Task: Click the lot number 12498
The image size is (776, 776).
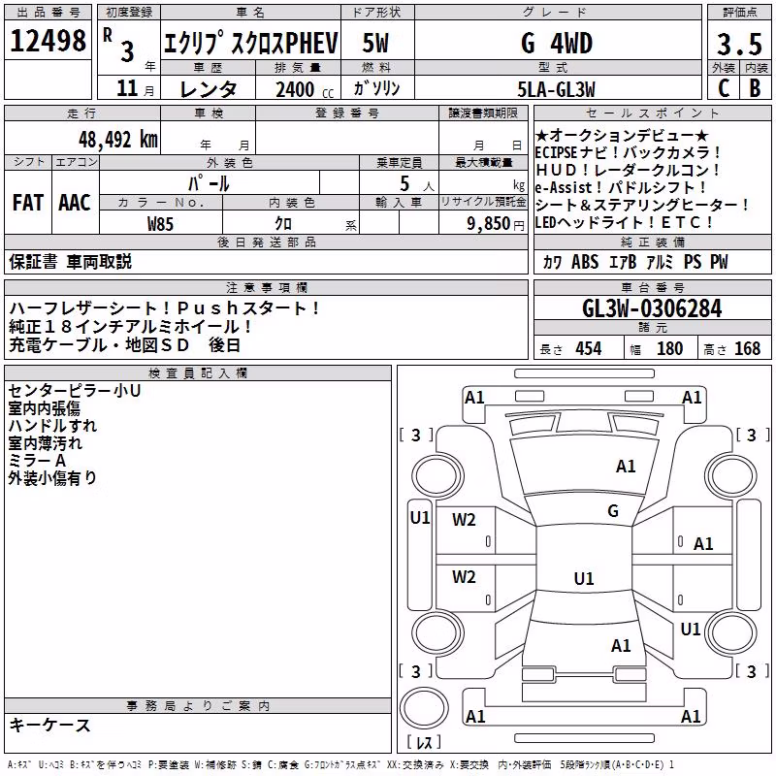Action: (x=48, y=40)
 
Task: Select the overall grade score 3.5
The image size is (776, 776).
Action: (x=739, y=44)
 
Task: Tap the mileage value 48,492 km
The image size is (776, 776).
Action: (x=117, y=140)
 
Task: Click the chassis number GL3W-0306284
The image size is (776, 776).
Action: (x=652, y=308)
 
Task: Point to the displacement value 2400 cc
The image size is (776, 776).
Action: (x=305, y=89)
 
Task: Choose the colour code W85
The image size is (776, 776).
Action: (x=160, y=224)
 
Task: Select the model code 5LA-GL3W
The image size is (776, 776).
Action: (x=556, y=89)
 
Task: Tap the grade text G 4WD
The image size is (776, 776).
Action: (x=557, y=44)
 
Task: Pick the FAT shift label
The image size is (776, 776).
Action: (x=28, y=203)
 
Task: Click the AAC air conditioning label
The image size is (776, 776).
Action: (x=75, y=203)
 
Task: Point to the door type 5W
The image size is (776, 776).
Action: (x=375, y=43)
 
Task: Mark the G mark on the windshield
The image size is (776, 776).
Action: (x=613, y=510)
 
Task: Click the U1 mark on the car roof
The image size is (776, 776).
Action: (x=584, y=578)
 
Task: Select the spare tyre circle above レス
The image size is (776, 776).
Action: (x=424, y=707)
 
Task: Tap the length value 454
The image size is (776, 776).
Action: (x=589, y=348)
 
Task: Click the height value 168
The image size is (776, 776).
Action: (x=747, y=348)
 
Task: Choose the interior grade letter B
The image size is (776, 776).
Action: (x=756, y=88)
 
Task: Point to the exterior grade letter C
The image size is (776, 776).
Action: (x=724, y=88)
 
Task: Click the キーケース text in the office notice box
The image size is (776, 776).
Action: (x=50, y=725)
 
